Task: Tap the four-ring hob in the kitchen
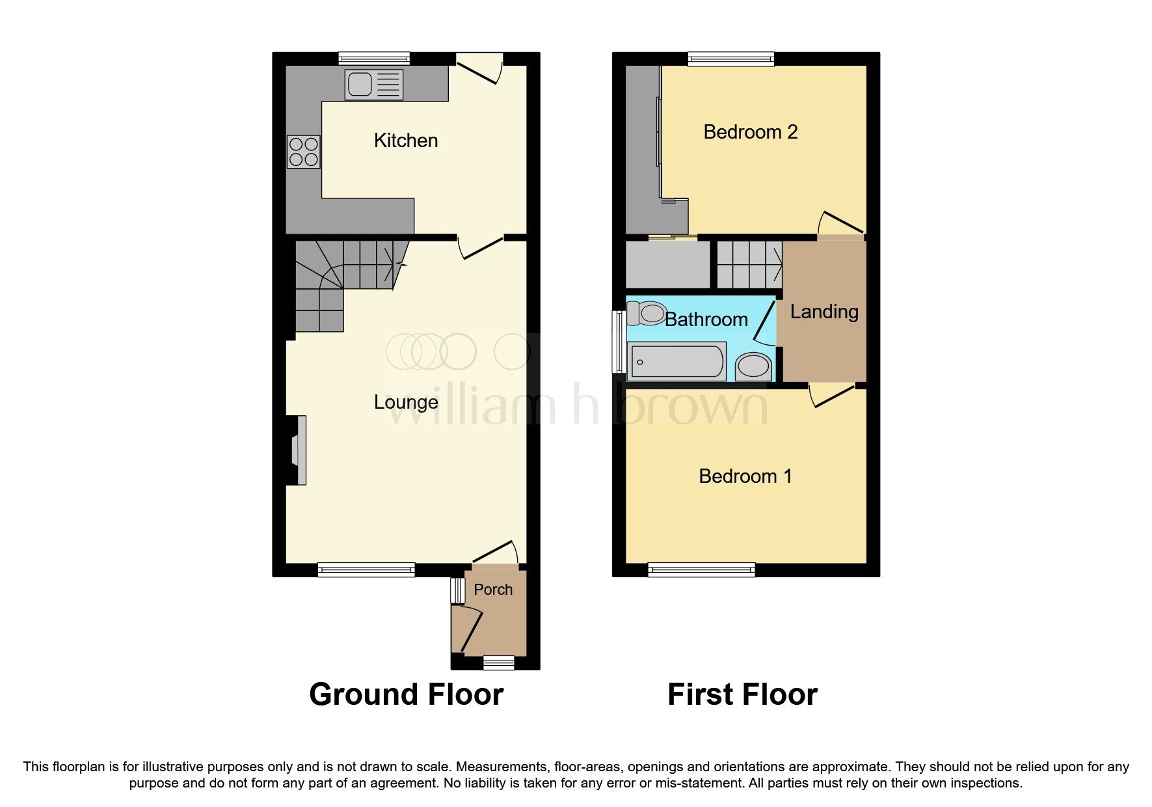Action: click(304, 152)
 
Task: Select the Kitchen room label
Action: click(406, 141)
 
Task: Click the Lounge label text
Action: click(406, 402)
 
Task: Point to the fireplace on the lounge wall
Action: click(299, 450)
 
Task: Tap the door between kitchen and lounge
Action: click(481, 247)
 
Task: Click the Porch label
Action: click(493, 590)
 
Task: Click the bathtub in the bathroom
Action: click(676, 362)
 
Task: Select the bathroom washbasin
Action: click(754, 366)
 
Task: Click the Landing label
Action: click(824, 312)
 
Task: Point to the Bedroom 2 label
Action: click(750, 132)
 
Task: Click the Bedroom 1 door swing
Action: click(831, 395)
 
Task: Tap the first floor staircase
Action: click(750, 264)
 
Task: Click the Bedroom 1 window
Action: click(702, 570)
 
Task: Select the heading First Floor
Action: click(742, 694)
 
